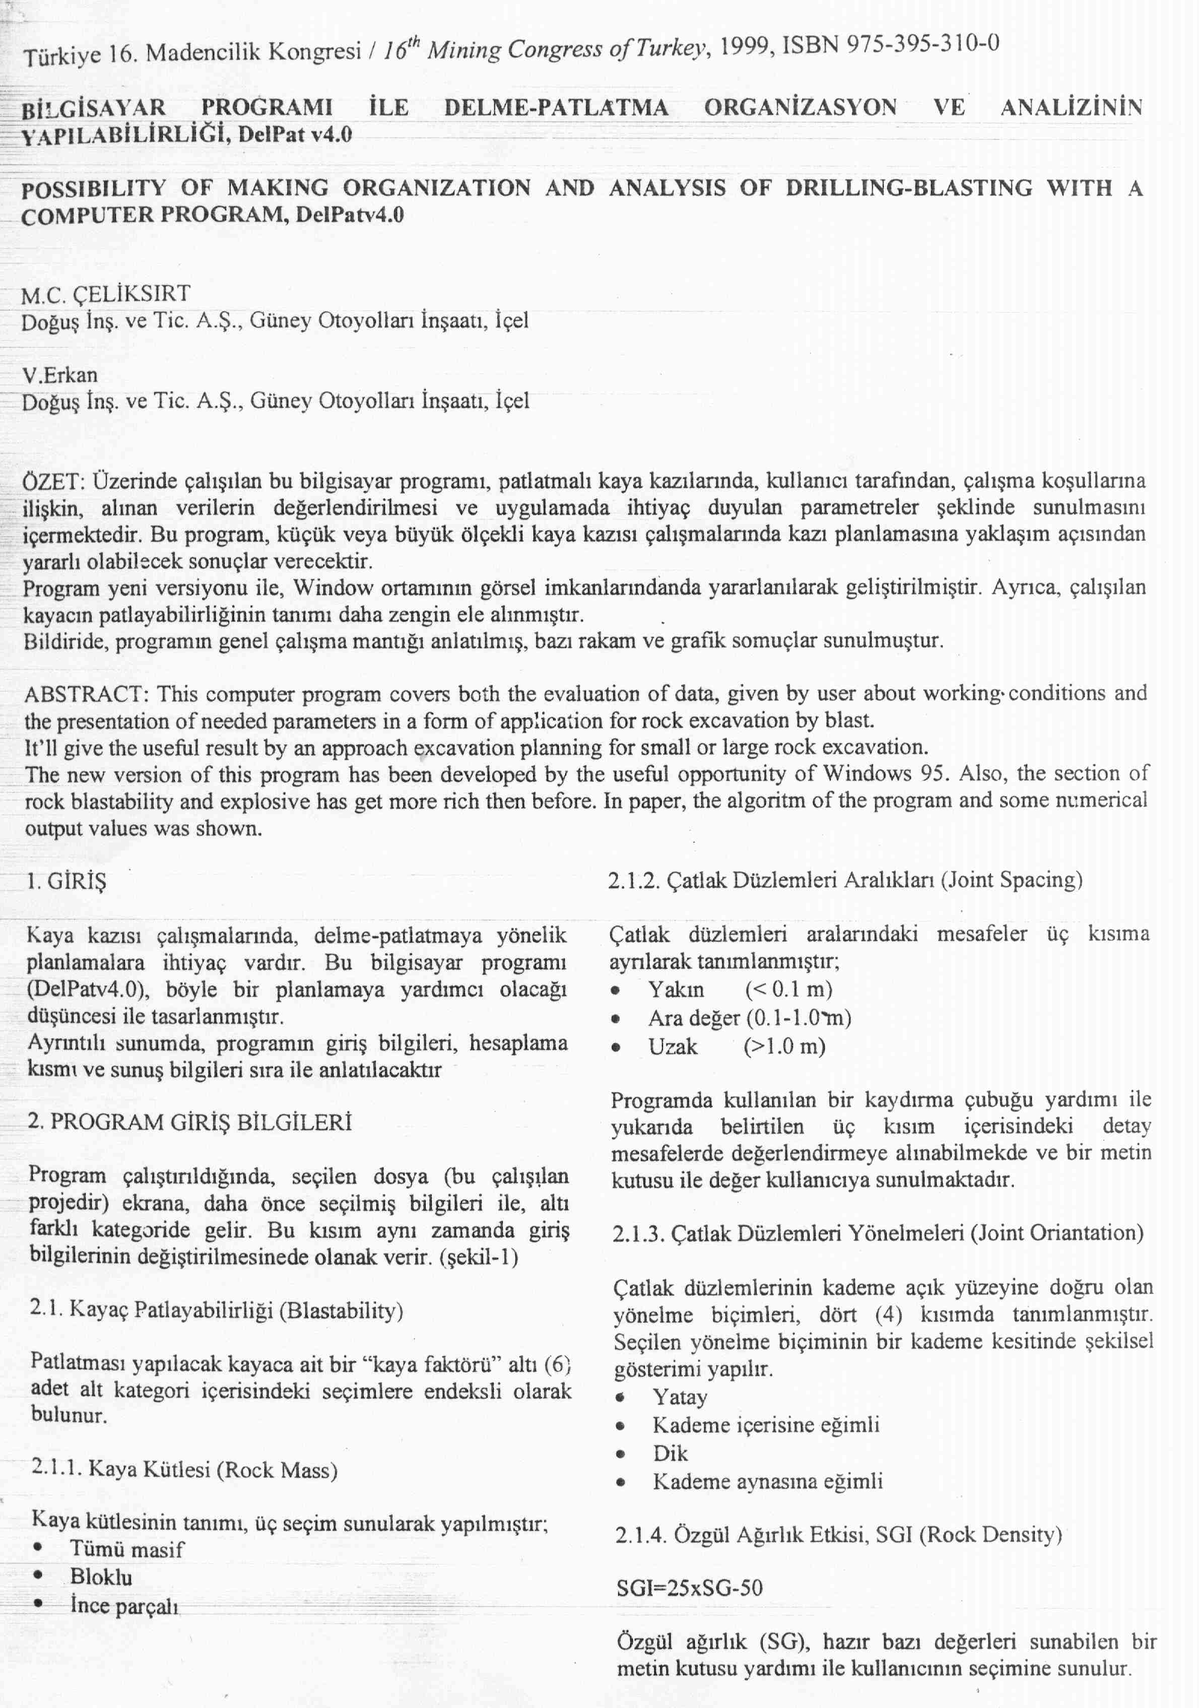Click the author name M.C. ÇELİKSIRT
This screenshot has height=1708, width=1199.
click(106, 295)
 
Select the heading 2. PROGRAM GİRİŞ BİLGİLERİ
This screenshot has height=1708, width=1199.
click(189, 1122)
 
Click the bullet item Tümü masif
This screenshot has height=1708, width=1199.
click(126, 1549)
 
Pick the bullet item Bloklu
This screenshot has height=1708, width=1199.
click(101, 1576)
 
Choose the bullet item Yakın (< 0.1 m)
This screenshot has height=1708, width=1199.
click(740, 990)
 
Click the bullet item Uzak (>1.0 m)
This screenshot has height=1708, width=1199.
click(737, 1046)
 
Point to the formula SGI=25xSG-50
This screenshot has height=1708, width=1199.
click(690, 1588)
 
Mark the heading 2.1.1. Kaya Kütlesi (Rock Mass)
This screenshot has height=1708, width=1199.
click(184, 1469)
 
